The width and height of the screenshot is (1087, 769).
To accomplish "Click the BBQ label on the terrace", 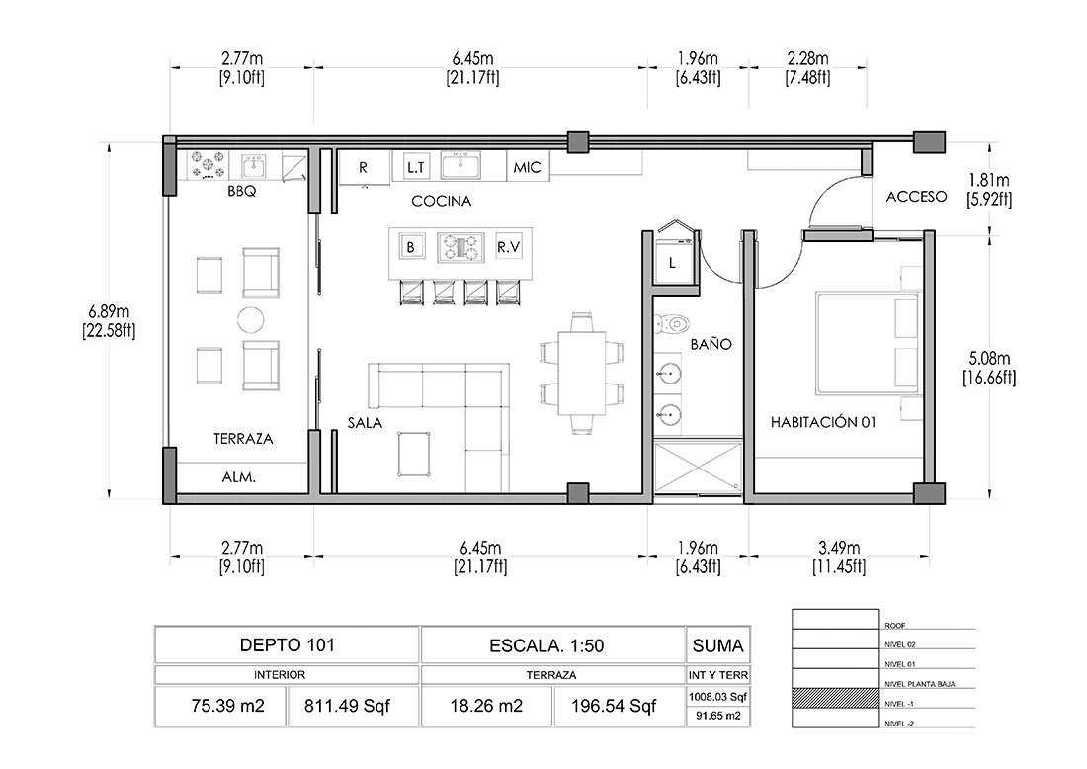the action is pos(241,191).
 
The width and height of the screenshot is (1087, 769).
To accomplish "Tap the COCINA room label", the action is pos(441,201).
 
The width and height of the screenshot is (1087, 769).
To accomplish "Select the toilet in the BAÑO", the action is pos(671,323).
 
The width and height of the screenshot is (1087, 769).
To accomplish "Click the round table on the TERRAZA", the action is pos(250,319).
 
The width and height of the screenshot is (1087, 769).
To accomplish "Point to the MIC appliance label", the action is pos(527,167).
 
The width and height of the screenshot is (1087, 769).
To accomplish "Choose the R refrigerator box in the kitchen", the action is pos(365,168).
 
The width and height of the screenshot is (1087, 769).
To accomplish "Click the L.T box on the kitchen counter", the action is pos(415,167).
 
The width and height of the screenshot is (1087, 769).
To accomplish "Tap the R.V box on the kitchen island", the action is pos(508,247).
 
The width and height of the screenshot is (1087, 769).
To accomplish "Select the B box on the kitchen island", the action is pos(411,247).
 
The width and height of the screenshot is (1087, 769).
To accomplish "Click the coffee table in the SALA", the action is pos(415,454).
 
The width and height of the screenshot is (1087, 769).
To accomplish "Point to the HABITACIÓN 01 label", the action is pos(823,422).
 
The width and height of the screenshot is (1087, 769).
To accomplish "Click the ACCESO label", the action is pos(916,197).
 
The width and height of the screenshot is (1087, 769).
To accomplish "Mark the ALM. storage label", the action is pos(238,477).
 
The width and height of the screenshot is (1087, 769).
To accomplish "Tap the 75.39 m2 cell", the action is pos(220,706).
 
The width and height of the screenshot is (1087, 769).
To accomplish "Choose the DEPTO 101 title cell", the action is pos(287,644).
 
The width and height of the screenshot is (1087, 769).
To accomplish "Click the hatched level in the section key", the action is pos(835,698).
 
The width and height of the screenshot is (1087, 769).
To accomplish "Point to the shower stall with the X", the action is pos(698,469).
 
